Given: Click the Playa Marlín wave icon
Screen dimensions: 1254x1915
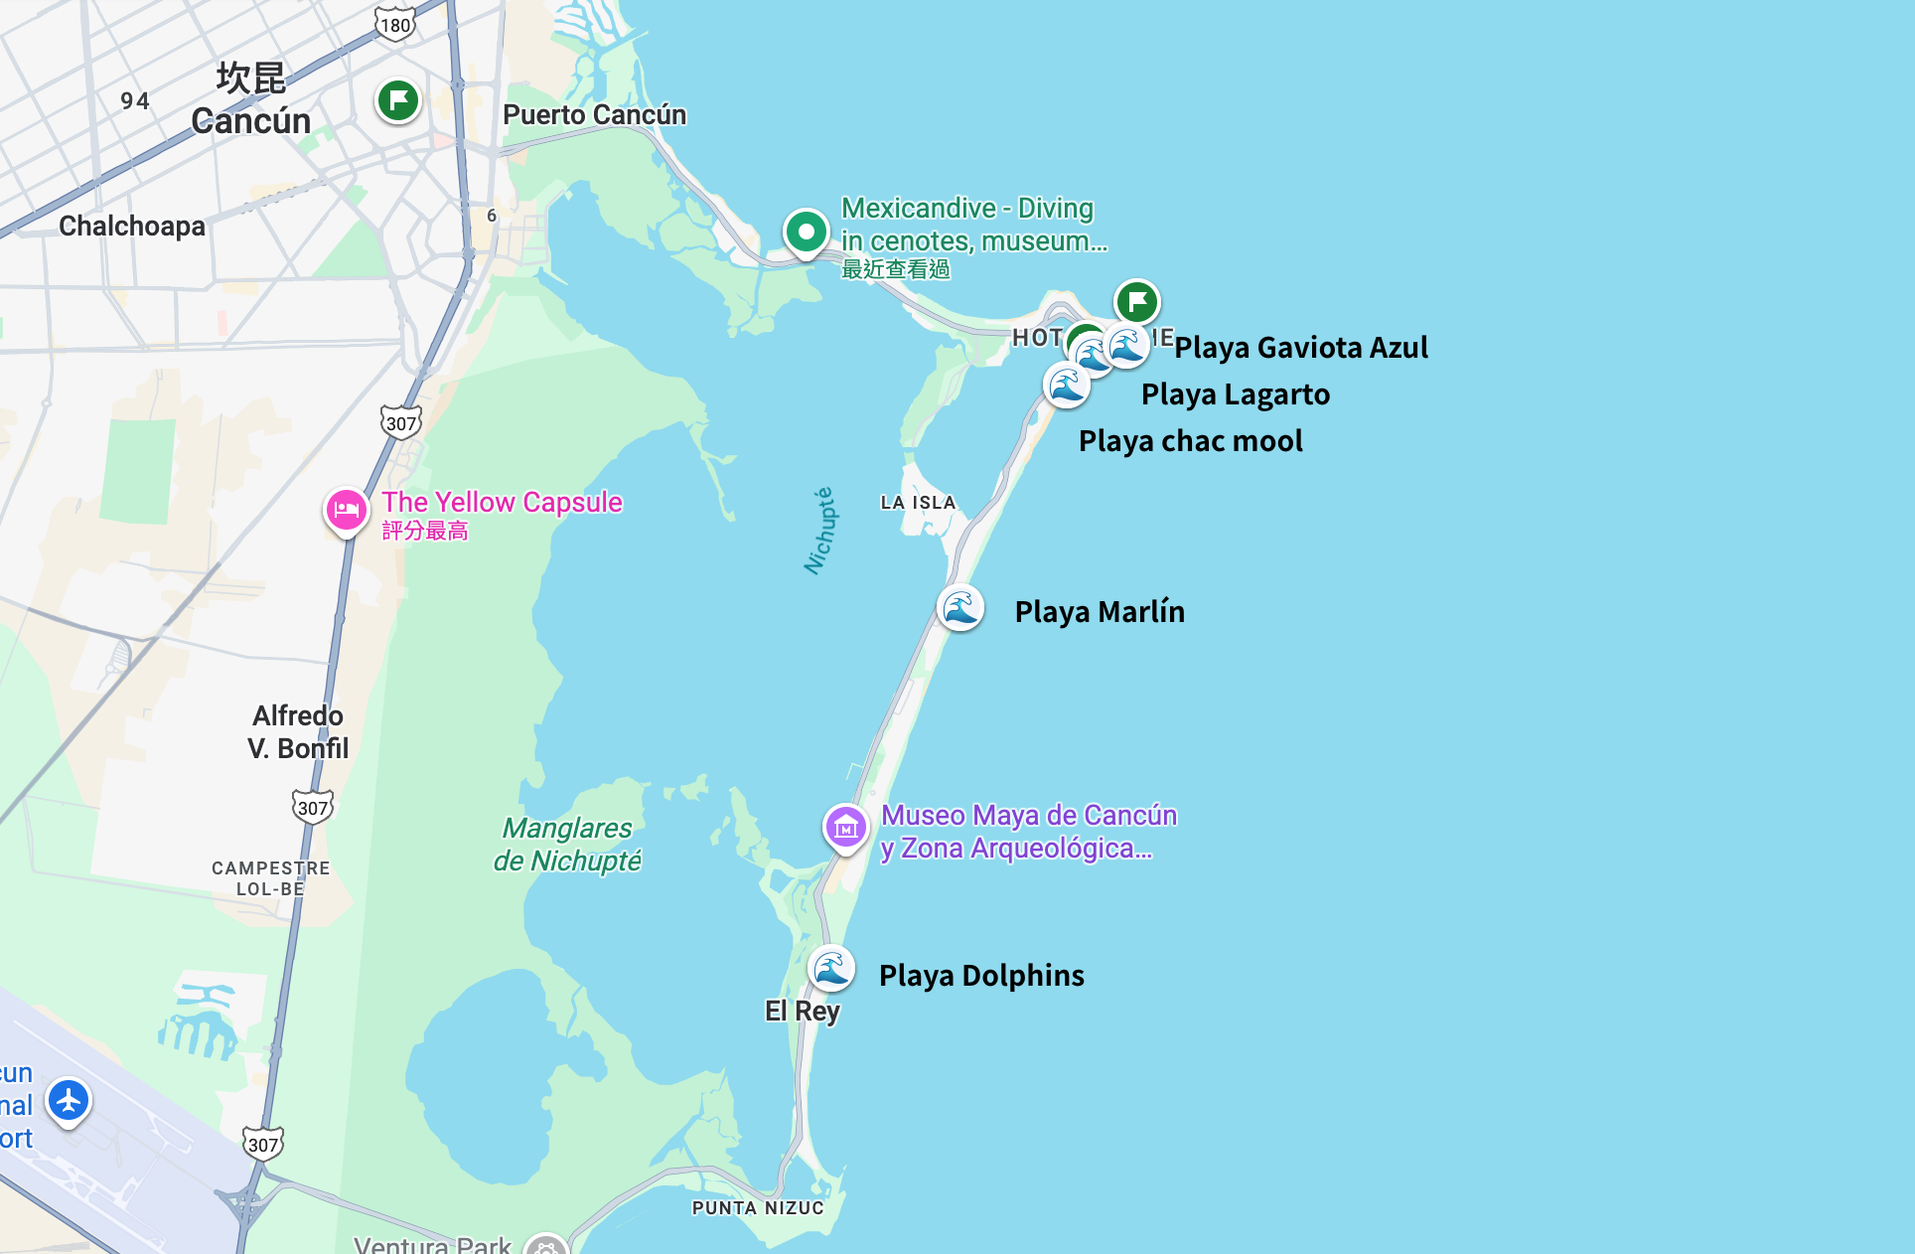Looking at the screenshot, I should click(x=960, y=607).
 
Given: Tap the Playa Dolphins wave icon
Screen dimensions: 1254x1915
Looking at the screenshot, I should click(x=831, y=968).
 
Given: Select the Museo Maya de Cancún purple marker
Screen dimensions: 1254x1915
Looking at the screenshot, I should click(x=846, y=826).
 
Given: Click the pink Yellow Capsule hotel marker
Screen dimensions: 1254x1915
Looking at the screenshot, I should click(x=347, y=510).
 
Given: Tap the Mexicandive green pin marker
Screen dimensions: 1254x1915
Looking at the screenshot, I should click(x=806, y=232).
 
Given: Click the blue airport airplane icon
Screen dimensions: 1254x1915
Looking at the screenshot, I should click(x=69, y=1100).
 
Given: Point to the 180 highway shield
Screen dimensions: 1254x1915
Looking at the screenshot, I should click(x=395, y=24).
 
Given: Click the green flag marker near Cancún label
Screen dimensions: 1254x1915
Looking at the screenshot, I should click(x=398, y=100).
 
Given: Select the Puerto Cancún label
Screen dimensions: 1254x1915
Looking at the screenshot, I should click(x=594, y=115).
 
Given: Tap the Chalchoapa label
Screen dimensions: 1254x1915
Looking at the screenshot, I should click(x=132, y=227).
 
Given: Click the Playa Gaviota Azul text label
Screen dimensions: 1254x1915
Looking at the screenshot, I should click(x=1301, y=348).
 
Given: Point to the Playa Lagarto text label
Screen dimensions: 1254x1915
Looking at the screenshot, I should click(x=1235, y=394).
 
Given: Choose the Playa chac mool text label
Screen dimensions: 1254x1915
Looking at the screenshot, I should click(x=1190, y=441).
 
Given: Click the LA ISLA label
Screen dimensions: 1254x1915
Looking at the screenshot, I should click(x=918, y=503).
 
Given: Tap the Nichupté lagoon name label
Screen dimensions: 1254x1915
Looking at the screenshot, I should click(x=820, y=531).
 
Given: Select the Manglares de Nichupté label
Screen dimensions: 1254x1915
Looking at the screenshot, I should click(x=567, y=845).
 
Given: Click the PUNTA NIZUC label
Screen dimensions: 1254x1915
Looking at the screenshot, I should click(x=758, y=1208).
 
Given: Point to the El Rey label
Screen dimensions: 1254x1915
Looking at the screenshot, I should click(x=803, y=1012).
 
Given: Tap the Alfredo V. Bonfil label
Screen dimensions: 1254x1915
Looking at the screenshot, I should click(x=298, y=732).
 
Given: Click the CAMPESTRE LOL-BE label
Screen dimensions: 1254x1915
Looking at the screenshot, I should click(x=270, y=878).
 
